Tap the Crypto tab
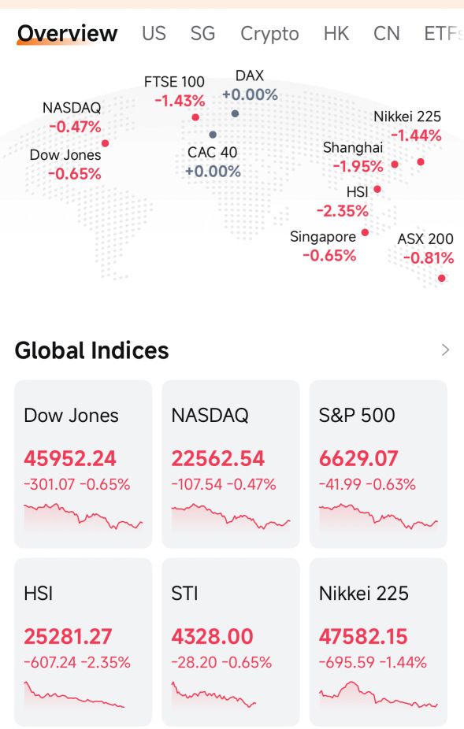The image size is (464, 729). pyautogui.click(x=269, y=34)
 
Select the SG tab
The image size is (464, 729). pyautogui.click(x=202, y=34)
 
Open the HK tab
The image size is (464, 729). pyautogui.click(x=336, y=34)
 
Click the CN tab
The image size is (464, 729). pyautogui.click(x=386, y=34)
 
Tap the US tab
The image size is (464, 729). pyautogui.click(x=154, y=34)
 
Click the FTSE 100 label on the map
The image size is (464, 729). pyautogui.click(x=174, y=82)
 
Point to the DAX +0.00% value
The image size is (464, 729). pyautogui.click(x=250, y=94)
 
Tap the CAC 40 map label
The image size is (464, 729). pyautogui.click(x=212, y=152)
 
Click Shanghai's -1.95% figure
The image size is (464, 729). pyautogui.click(x=358, y=166)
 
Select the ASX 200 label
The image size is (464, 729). pyautogui.click(x=425, y=239)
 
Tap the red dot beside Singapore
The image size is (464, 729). pyautogui.click(x=365, y=232)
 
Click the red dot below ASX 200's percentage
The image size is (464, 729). pyautogui.click(x=442, y=278)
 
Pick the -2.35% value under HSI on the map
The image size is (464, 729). pyautogui.click(x=343, y=211)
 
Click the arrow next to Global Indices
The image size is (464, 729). pyautogui.click(x=445, y=350)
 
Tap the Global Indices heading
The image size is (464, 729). pyautogui.click(x=91, y=350)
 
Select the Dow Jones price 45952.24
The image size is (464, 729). pyautogui.click(x=70, y=458)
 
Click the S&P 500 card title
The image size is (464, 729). pyautogui.click(x=357, y=415)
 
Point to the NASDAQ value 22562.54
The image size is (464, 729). pyautogui.click(x=217, y=458)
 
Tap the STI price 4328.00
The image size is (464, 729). pyautogui.click(x=212, y=636)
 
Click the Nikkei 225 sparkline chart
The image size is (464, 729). pyautogui.click(x=378, y=695)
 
